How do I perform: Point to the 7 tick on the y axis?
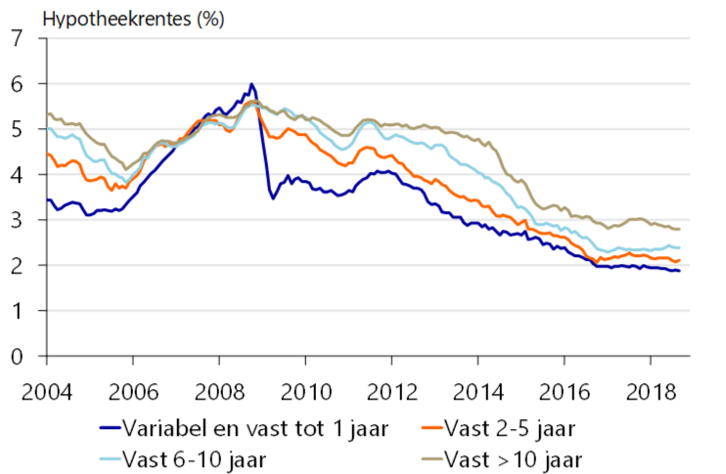point(17,39)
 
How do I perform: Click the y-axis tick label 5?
point(17,130)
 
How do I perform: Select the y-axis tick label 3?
point(17,221)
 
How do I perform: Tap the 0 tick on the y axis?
point(17,357)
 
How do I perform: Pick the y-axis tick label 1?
point(17,312)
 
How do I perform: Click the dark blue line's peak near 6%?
point(251,84)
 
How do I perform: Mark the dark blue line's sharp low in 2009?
point(273,198)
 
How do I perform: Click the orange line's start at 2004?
point(47,153)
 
